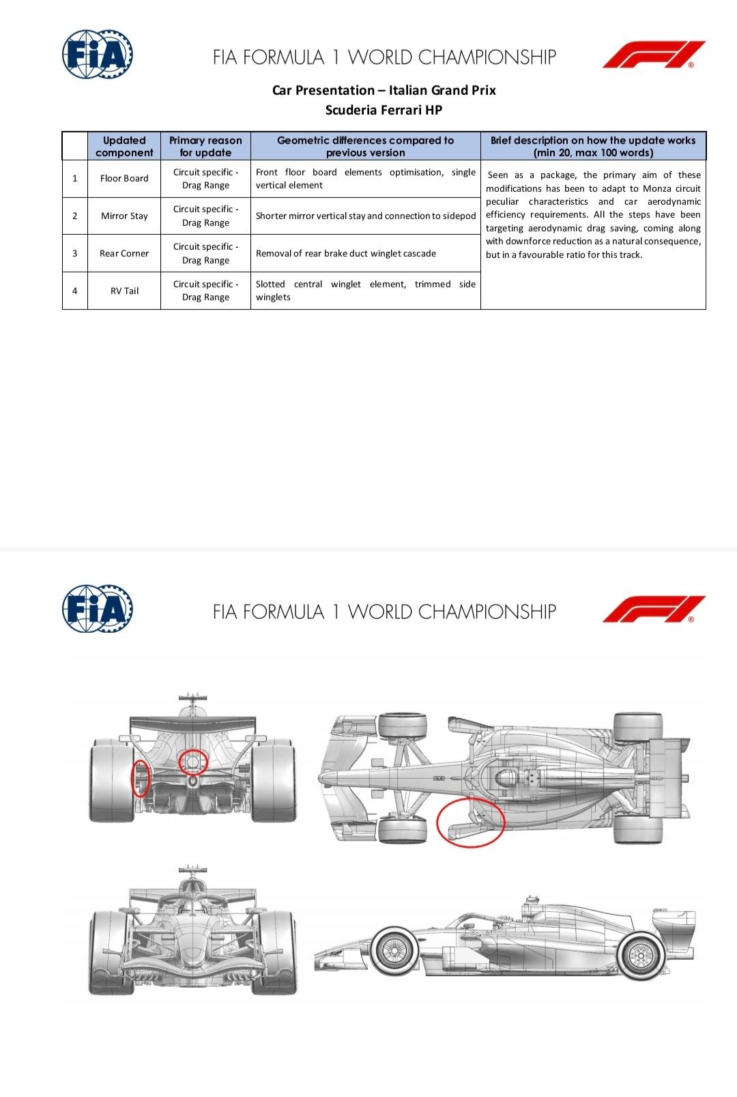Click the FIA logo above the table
[98, 54]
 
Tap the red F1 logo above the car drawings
[654, 609]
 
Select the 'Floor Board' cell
[124, 178]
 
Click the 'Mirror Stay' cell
[124, 216]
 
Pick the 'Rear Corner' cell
[124, 253]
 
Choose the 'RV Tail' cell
[124, 291]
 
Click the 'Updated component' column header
[124, 146]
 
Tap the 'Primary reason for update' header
[205, 146]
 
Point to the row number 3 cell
[75, 253]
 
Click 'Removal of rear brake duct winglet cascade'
[346, 253]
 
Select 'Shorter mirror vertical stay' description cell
[366, 216]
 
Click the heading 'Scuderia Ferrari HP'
[384, 110]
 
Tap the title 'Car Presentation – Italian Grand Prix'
[384, 90]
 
